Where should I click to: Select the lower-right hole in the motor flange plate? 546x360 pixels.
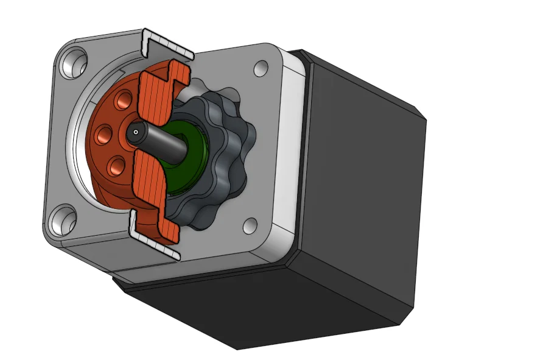coord(251,225)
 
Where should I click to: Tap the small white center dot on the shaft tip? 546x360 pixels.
coord(135,131)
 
